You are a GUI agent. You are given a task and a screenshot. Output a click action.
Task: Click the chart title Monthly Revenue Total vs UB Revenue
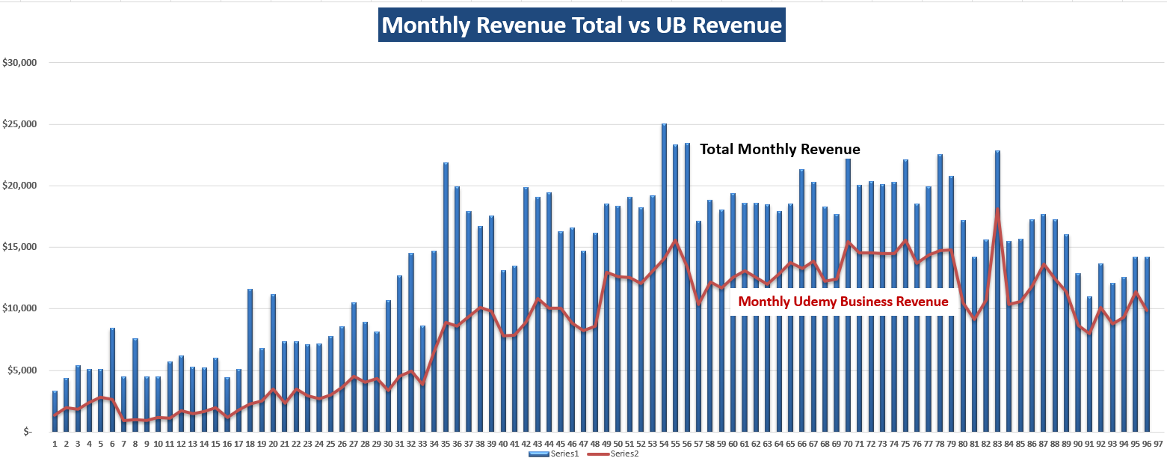[x=582, y=25]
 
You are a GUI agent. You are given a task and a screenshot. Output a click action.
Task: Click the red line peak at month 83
[x=997, y=210]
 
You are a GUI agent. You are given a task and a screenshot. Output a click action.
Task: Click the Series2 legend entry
[x=620, y=454]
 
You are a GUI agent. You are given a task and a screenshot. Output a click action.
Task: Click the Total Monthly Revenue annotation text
[x=779, y=150]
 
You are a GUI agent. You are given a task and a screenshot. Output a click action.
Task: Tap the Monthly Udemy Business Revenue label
[x=843, y=302]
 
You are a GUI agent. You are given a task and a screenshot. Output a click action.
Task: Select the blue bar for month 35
[x=446, y=299]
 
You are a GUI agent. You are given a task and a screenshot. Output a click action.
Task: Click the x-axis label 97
[x=1158, y=443]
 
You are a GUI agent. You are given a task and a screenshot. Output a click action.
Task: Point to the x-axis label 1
[x=55, y=443]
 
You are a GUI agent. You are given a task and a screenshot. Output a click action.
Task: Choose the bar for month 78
[x=940, y=292]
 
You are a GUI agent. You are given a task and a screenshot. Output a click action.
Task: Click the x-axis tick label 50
[x=618, y=443]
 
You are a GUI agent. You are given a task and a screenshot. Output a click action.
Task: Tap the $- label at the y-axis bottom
[x=28, y=432]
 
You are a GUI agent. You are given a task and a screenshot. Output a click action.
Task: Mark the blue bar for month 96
[x=1147, y=344]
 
